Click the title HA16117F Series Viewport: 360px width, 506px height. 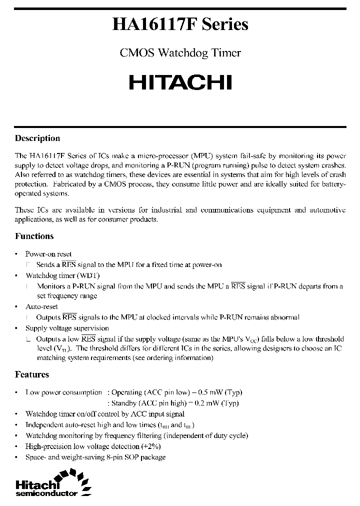(x=180, y=25)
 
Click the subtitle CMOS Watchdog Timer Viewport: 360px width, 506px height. (x=180, y=53)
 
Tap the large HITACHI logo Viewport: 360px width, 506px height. (x=180, y=82)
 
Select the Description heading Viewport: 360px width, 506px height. (x=37, y=138)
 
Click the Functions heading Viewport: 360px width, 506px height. (x=34, y=236)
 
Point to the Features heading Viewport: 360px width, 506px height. (x=32, y=374)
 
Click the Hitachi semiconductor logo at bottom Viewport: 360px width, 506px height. (x=52, y=484)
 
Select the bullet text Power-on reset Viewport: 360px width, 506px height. (x=48, y=254)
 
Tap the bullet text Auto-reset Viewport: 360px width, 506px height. (x=41, y=306)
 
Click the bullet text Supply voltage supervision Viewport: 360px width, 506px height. (x=67, y=328)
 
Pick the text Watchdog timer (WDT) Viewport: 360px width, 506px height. (x=62, y=275)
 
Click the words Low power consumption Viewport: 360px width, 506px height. (x=63, y=392)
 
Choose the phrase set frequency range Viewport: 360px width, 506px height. (x=67, y=295)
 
